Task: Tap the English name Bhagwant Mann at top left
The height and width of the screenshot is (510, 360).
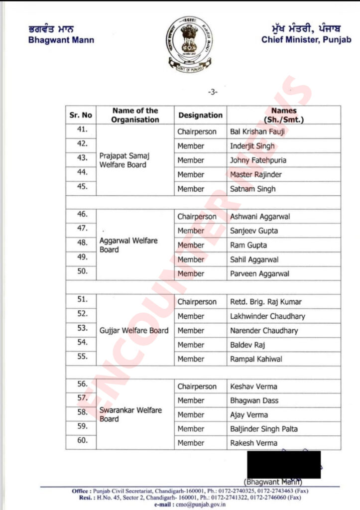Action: (x=61, y=40)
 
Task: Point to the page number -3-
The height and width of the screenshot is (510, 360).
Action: (x=213, y=92)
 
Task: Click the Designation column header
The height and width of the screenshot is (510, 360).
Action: (x=200, y=115)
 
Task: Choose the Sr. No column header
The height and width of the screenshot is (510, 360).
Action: (x=81, y=115)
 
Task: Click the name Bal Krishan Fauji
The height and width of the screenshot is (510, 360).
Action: (x=257, y=132)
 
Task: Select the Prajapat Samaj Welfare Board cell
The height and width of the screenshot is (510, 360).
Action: (x=124, y=160)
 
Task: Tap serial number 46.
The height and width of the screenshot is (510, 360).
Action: (x=83, y=214)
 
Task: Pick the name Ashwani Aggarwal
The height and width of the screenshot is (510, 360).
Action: (x=260, y=217)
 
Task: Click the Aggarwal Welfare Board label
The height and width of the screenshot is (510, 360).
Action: (x=128, y=245)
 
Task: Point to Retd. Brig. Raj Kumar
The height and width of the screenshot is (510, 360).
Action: (x=265, y=302)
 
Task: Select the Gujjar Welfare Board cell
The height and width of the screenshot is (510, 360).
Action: (x=134, y=330)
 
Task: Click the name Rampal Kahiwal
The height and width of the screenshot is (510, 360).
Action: (x=257, y=359)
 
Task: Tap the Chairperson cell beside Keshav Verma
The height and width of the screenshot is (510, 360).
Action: (x=197, y=386)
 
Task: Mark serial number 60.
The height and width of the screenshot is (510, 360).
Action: (x=83, y=440)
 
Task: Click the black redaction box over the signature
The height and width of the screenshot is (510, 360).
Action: (x=284, y=464)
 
